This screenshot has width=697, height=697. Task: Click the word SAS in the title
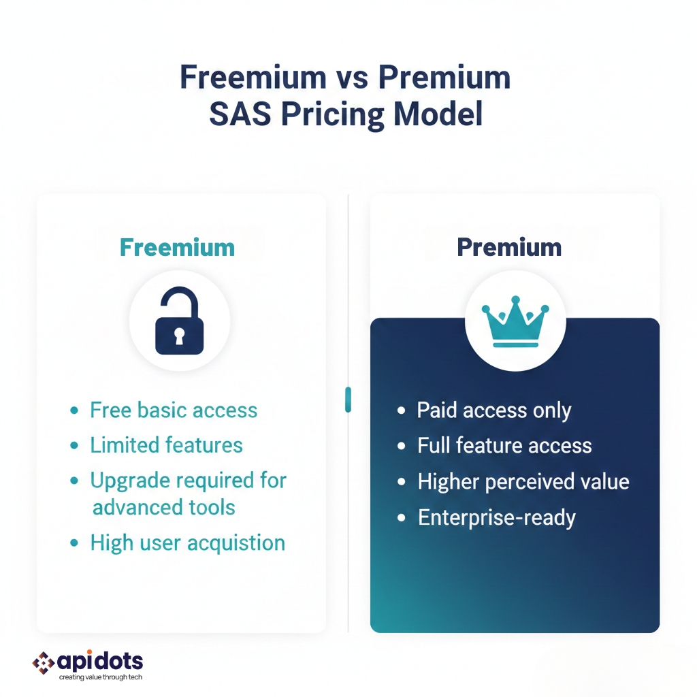pos(240,114)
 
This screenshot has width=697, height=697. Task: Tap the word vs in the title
pos(352,78)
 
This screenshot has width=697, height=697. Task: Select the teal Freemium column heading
pos(178,248)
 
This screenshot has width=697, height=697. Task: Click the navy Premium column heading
pos(509,248)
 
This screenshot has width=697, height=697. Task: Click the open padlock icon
pos(180,321)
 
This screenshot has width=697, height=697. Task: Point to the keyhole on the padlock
pos(179,336)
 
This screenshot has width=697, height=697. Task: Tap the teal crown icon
pos(516,321)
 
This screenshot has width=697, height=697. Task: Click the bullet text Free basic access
pos(174,410)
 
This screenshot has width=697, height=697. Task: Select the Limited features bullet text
pos(167,445)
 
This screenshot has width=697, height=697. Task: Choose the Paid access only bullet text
pos(494,410)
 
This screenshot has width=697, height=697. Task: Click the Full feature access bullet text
pos(504,445)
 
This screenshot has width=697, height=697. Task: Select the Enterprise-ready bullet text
pos(497,518)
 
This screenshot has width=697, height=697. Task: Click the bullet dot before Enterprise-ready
pos(402,518)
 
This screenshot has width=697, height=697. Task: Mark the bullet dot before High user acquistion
pos(74,542)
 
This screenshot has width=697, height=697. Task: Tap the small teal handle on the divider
pos(348,400)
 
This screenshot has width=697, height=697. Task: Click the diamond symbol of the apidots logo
pos(44,663)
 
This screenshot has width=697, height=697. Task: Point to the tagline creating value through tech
pos(101,677)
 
